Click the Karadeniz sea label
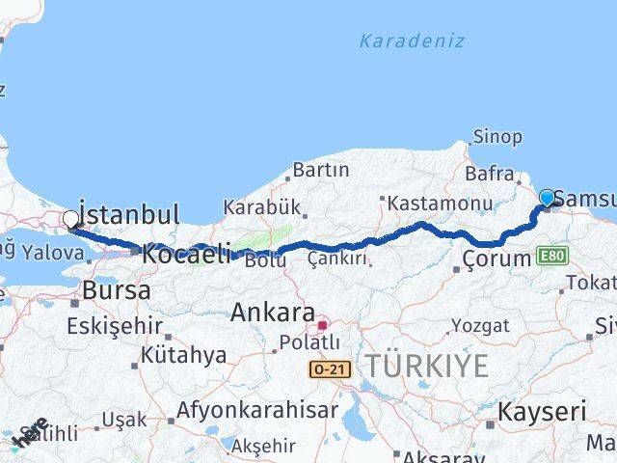pyautogui.click(x=412, y=41)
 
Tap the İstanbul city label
pyautogui.click(x=129, y=213)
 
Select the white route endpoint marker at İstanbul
pyautogui.click(x=70, y=220)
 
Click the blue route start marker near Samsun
pyautogui.click(x=548, y=199)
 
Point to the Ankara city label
pyautogui.click(x=273, y=313)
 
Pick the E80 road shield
pyautogui.click(x=553, y=256)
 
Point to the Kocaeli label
pyautogui.click(x=187, y=256)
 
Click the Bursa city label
pyautogui.click(x=116, y=290)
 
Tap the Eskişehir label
pyautogui.click(x=114, y=326)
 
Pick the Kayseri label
pyautogui.click(x=540, y=412)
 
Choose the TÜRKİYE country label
pyautogui.click(x=425, y=365)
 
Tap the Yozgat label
pyautogui.click(x=479, y=326)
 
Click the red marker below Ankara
pyautogui.click(x=322, y=325)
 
